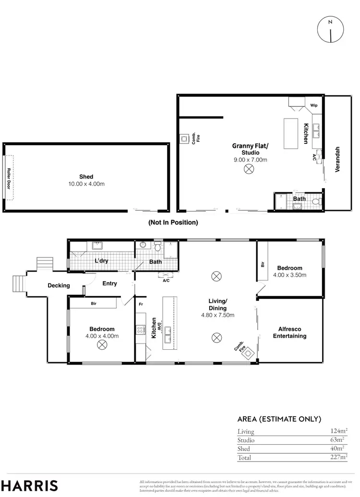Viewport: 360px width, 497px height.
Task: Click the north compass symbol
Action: pyautogui.click(x=330, y=29)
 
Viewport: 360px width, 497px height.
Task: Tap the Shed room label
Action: pyautogui.click(x=86, y=177)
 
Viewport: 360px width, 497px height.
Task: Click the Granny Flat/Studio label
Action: pyautogui.click(x=250, y=149)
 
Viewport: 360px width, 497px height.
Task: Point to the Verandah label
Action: pyautogui.click(x=338, y=159)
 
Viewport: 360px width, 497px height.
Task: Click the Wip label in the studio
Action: pyautogui.click(x=314, y=105)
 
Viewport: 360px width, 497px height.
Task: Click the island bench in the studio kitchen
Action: pyautogui.click(x=291, y=134)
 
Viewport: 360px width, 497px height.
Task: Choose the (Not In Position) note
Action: pyautogui.click(x=173, y=223)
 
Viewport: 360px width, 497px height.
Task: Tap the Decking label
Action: pyautogui.click(x=59, y=285)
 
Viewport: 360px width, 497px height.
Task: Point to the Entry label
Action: pyautogui.click(x=109, y=284)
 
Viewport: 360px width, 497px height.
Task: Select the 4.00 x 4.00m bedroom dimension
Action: pyautogui.click(x=102, y=336)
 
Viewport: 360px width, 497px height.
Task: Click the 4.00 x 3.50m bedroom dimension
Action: pyautogui.click(x=289, y=275)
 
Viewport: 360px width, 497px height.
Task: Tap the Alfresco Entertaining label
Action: pyautogui.click(x=289, y=332)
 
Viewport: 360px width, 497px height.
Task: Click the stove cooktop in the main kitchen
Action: pyautogui.click(x=141, y=330)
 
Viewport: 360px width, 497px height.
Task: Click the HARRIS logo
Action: pyautogui.click(x=29, y=485)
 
